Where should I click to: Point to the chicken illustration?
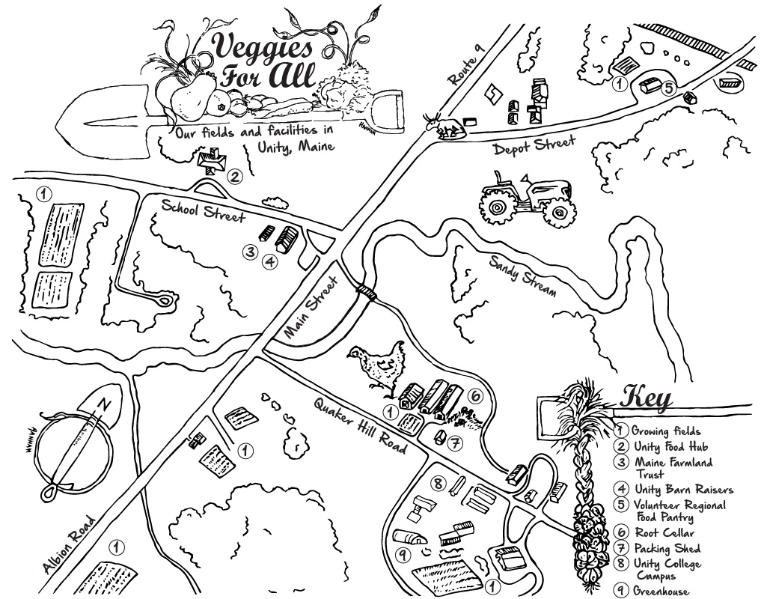pyautogui.click(x=378, y=365)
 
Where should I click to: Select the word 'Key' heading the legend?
pyautogui.click(x=647, y=397)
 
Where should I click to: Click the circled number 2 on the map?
pyautogui.click(x=234, y=177)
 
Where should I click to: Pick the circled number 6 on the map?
pyautogui.click(x=475, y=396)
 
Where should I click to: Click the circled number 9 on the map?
pyautogui.click(x=403, y=555)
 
